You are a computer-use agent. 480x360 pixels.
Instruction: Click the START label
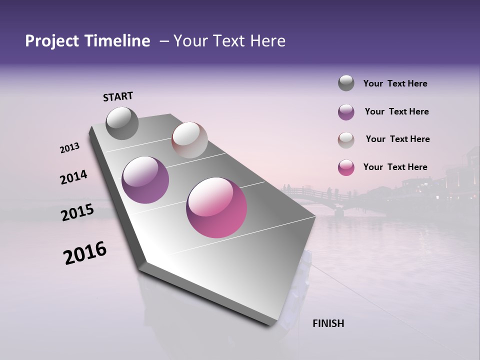118,96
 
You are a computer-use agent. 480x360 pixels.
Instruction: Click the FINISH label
328,323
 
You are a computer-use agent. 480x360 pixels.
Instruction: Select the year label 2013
70,148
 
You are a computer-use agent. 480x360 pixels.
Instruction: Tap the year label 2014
73,177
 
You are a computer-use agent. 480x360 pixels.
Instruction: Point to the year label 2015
77,213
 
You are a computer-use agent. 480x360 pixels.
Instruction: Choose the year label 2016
85,253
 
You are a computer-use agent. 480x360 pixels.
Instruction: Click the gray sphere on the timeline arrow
122,123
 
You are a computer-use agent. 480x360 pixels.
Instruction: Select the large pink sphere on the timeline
216,207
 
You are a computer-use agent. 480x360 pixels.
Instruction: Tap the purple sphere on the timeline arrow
145,180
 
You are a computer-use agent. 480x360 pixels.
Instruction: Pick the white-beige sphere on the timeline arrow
189,140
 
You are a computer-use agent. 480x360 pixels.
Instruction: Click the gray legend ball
346,83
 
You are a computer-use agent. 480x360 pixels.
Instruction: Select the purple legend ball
346,112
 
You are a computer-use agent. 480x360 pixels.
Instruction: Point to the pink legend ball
346,167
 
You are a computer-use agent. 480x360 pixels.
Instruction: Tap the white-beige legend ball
346,140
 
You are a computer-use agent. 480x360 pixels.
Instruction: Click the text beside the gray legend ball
395,83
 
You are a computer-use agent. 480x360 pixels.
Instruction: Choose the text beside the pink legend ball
395,167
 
